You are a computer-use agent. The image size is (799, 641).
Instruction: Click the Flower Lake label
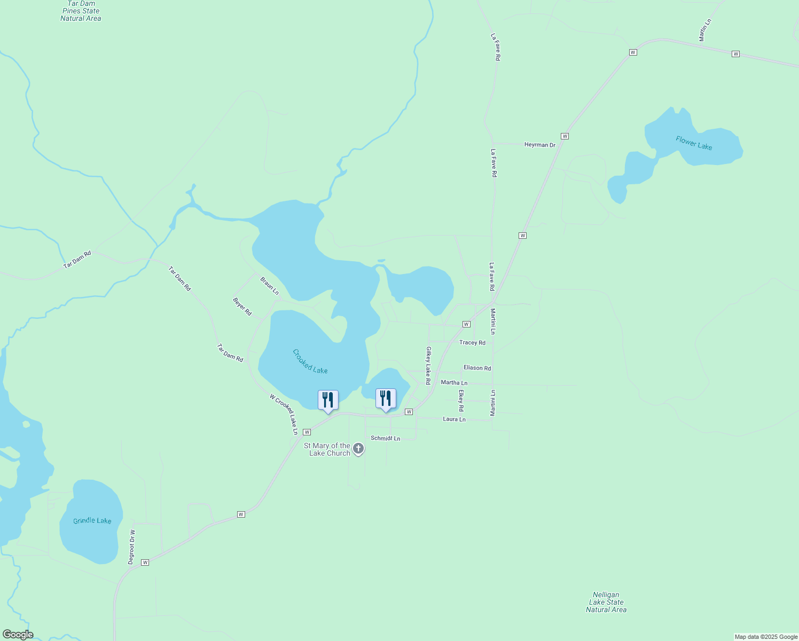[694, 143]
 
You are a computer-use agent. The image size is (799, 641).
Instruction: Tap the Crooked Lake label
[310, 361]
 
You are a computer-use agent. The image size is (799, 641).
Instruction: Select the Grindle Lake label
[92, 520]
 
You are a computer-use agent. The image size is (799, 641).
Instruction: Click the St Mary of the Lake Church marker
[359, 449]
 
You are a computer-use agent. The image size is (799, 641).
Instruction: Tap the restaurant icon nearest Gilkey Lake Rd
[386, 398]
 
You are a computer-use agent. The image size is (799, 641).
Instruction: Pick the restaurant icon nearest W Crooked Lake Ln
[328, 400]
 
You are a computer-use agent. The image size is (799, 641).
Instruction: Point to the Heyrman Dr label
[539, 145]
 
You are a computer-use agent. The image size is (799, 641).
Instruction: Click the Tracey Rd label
[472, 342]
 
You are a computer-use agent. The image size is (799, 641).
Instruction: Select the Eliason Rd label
[477, 368]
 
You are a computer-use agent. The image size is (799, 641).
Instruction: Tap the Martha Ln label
[454, 382]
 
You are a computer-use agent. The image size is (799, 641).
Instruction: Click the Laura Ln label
[454, 419]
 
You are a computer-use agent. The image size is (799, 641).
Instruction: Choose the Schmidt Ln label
[385, 438]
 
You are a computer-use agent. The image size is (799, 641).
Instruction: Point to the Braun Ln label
[269, 286]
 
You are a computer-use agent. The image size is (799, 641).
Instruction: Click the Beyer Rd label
[242, 307]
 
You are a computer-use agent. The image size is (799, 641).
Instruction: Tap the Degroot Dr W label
[131, 547]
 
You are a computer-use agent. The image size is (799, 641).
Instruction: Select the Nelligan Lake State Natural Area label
[606, 602]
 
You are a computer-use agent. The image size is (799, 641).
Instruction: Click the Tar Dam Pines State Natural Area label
[81, 11]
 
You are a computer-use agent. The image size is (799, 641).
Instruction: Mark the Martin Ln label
[705, 30]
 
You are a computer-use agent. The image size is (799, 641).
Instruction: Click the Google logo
[18, 635]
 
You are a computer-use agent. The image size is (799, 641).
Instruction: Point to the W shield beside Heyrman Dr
[565, 136]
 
